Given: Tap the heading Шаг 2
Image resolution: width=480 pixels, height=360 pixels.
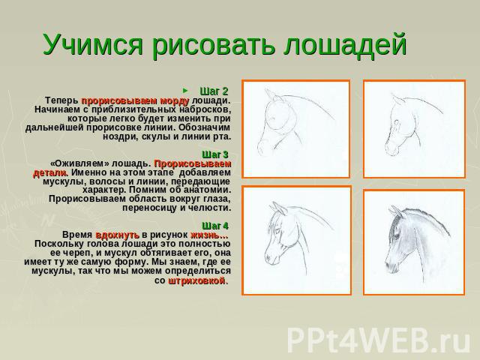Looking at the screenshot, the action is click(x=214, y=91).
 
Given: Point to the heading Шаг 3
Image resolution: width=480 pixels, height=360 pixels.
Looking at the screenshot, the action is click(x=215, y=154).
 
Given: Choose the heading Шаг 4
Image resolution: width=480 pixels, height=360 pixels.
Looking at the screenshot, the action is click(x=215, y=226).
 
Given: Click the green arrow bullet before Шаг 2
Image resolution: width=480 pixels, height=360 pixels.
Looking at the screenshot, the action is click(x=185, y=90).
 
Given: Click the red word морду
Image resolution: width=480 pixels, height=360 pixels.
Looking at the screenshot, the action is click(x=175, y=100).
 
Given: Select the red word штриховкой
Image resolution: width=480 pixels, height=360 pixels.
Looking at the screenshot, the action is click(x=196, y=280).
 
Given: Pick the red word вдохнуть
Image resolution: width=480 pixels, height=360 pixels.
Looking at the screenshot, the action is click(x=118, y=235).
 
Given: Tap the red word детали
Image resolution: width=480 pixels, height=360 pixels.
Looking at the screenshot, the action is click(x=50, y=172).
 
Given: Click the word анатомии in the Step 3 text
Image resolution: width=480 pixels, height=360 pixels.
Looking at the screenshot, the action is click(x=207, y=190).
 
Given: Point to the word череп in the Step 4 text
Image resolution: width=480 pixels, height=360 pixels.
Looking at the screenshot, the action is click(x=70, y=253).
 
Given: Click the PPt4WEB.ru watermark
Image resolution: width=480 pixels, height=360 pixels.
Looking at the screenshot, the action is click(x=379, y=340).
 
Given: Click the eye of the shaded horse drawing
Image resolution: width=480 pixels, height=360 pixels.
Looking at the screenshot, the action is click(x=397, y=236).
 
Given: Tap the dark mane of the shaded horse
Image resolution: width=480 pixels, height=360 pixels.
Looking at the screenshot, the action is click(x=424, y=219).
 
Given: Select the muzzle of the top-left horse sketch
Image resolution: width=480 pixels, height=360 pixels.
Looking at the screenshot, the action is click(x=263, y=147).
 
